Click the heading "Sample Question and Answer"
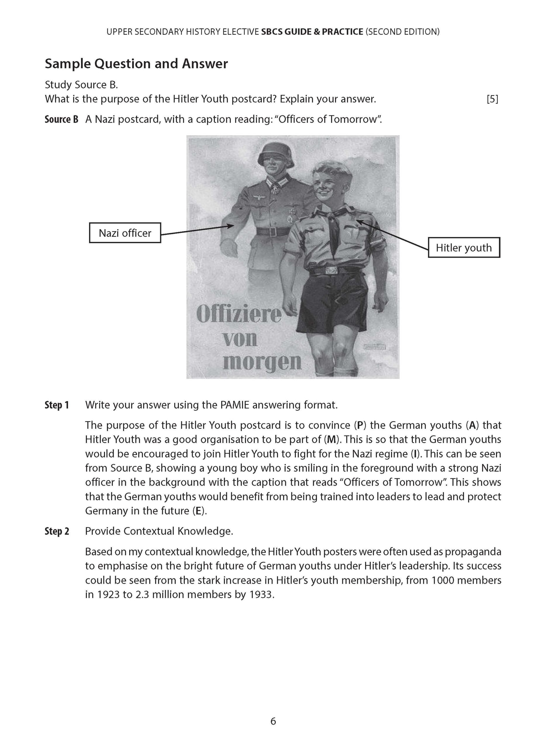point(136,64)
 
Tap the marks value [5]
point(492,99)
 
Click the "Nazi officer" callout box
point(125,233)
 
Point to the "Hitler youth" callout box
point(464,247)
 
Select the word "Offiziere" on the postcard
point(239,315)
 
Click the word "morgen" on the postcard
point(262,362)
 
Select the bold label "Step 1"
point(57,405)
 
